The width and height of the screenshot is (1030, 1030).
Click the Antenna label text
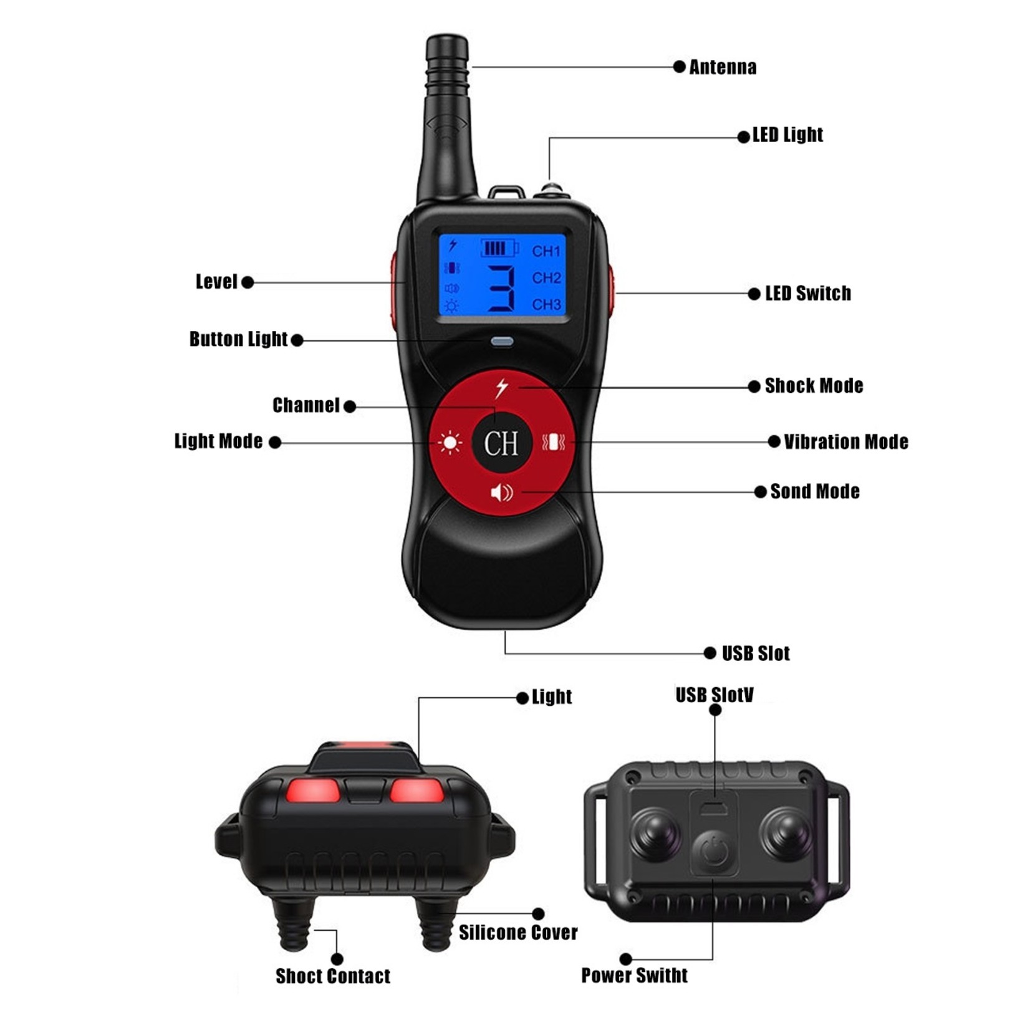[723, 67]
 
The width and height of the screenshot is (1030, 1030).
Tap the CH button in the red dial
[501, 443]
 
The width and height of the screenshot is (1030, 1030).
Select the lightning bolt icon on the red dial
[501, 388]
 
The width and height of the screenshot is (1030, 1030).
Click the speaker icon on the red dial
[501, 493]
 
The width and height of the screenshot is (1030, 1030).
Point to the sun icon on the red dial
[450, 443]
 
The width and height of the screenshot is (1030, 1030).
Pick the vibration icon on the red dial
[553, 443]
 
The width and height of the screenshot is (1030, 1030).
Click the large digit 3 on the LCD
[501, 288]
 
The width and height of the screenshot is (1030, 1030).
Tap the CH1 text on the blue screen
[546, 251]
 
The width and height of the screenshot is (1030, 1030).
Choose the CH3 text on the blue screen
[546, 304]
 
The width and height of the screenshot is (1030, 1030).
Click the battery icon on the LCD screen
[499, 249]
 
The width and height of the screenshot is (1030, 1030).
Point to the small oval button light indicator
[502, 342]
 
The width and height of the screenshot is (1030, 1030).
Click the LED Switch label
[807, 294]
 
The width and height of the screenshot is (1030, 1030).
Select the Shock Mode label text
[814, 386]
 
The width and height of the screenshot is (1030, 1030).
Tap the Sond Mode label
[815, 491]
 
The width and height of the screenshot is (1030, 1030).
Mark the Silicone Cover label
[518, 933]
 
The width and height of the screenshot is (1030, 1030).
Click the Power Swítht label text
[634, 975]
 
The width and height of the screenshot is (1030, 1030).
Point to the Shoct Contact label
[333, 976]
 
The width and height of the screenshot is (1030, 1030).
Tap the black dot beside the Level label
[248, 282]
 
